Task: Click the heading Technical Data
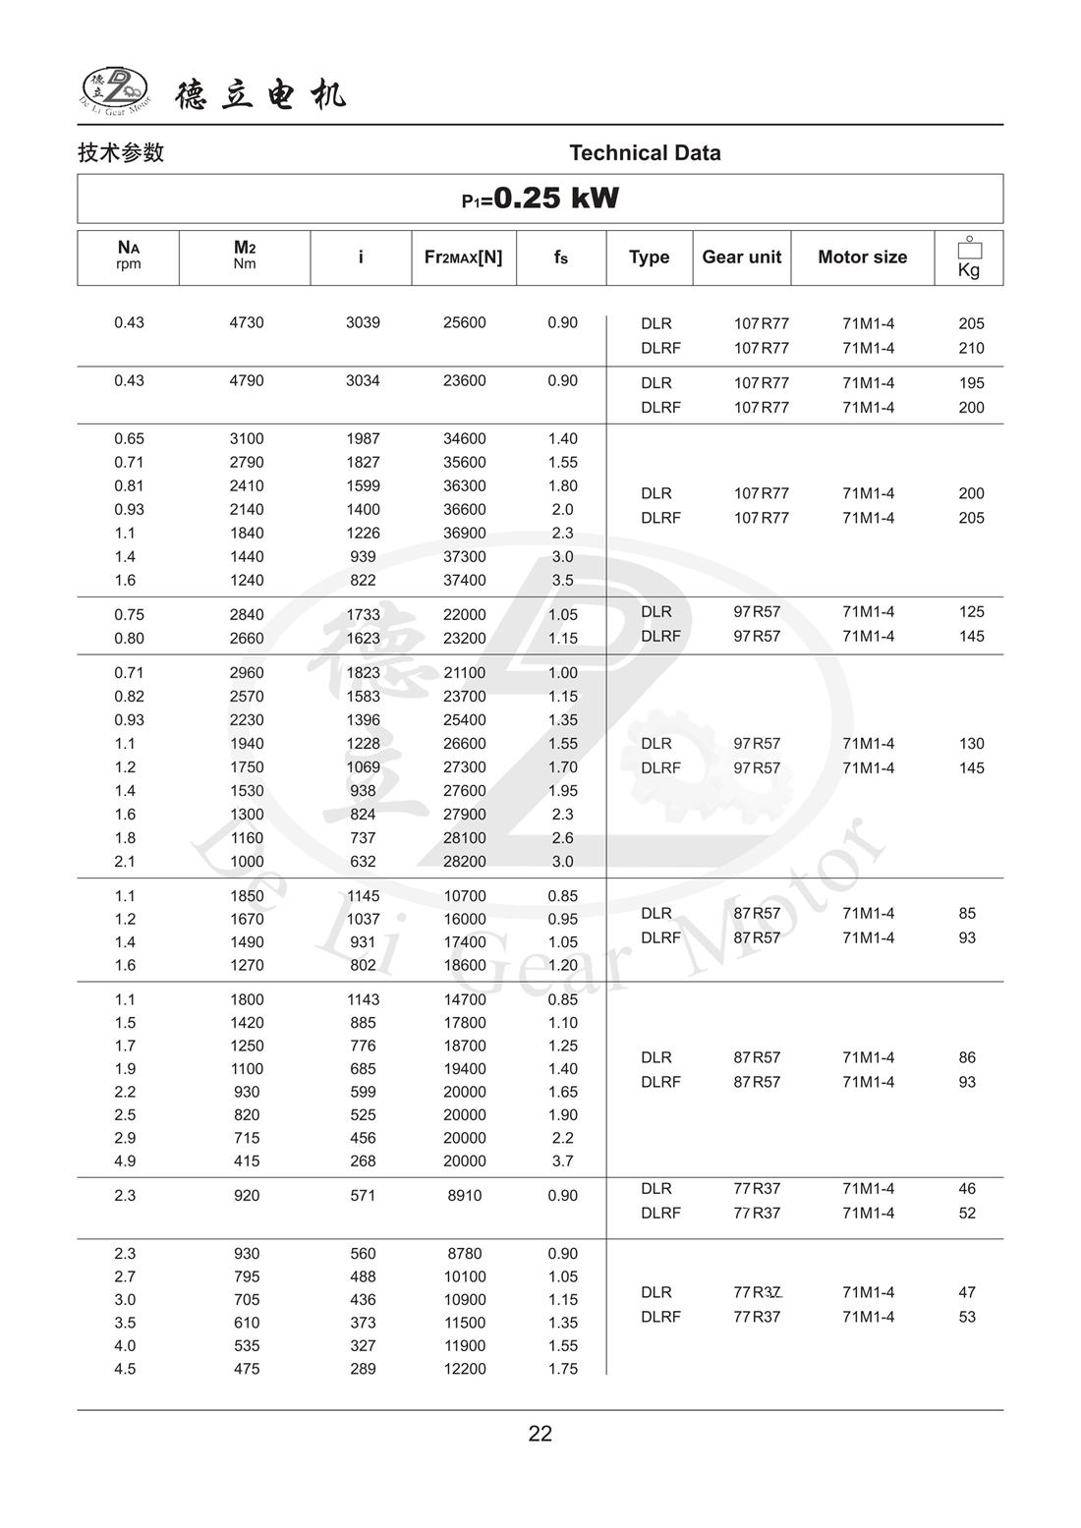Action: pyautogui.click(x=645, y=153)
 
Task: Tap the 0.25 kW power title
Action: pyautogui.click(x=540, y=198)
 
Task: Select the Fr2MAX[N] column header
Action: pyautogui.click(x=463, y=257)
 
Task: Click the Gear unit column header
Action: pyautogui.click(x=741, y=257)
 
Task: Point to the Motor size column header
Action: pyautogui.click(x=862, y=257)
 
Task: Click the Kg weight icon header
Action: pyautogui.click(x=969, y=258)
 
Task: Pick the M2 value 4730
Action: pyautogui.click(x=247, y=322)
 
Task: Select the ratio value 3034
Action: pyautogui.click(x=363, y=380)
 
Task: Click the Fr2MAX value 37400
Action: pyautogui.click(x=464, y=580)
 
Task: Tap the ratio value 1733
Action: pyautogui.click(x=363, y=614)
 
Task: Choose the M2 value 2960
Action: pyautogui.click(x=247, y=673)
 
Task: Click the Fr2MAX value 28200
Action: pyautogui.click(x=464, y=862)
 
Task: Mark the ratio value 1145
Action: pyautogui.click(x=363, y=896)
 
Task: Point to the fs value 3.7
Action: pyautogui.click(x=562, y=1161)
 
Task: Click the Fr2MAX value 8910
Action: pyautogui.click(x=464, y=1196)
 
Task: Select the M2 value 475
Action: pyautogui.click(x=247, y=1369)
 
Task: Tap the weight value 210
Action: pyautogui.click(x=971, y=348)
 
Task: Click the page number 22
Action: pyautogui.click(x=540, y=1434)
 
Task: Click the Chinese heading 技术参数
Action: pyautogui.click(x=121, y=153)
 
